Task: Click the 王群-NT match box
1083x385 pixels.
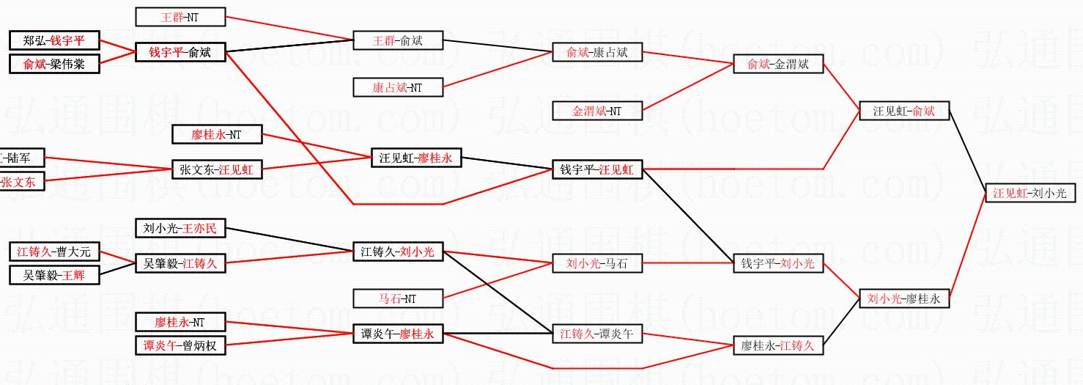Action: coord(180,16)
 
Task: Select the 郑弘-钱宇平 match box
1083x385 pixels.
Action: coord(54,41)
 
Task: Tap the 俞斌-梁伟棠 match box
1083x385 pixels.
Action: coord(54,64)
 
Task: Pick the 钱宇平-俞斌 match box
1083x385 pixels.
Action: coord(180,52)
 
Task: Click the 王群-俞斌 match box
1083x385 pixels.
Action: coord(398,40)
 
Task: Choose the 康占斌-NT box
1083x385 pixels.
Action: coord(398,88)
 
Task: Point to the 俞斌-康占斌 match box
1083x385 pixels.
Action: coord(597,52)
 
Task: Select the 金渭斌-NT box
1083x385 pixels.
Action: coord(597,111)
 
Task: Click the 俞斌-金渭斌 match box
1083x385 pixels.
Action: coord(778,65)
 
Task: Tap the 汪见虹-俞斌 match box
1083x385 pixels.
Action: coord(904,111)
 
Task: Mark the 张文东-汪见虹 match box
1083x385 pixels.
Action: coord(216,169)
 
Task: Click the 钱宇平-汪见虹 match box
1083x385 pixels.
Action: coord(597,170)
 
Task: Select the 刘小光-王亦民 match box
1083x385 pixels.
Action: coord(180,229)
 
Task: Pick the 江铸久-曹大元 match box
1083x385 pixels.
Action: coord(54,252)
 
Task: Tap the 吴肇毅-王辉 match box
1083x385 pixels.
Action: coord(54,275)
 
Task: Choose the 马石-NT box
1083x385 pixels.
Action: coord(398,298)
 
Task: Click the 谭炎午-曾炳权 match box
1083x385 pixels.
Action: coord(180,345)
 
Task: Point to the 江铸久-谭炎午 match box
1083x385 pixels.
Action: coord(597,334)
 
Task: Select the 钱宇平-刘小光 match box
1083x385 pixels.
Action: coord(778,263)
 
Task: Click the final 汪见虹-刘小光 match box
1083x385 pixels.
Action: coord(1030,194)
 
